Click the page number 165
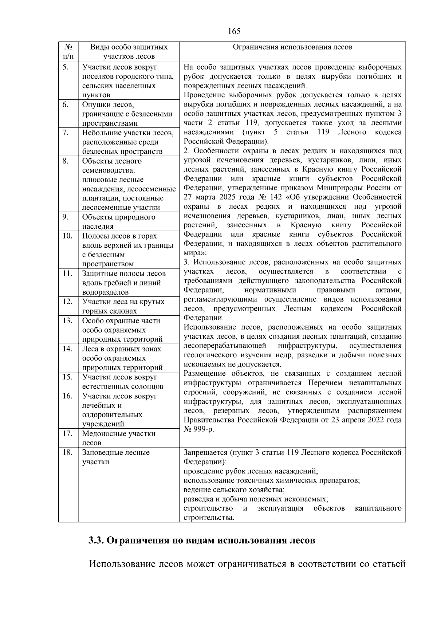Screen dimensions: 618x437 point(234,31)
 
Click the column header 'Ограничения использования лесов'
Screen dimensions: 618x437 point(292,47)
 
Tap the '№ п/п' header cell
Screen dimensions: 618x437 point(68,51)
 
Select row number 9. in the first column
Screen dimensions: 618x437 point(66,217)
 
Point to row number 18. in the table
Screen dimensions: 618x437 point(67,452)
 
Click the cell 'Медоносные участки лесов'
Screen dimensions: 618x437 point(119,438)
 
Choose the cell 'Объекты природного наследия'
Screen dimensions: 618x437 point(119,222)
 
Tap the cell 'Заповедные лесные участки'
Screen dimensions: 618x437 point(116,457)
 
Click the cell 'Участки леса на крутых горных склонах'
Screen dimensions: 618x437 point(123,306)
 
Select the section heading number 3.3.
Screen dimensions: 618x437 point(97,540)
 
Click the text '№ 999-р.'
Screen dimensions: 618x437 point(199,429)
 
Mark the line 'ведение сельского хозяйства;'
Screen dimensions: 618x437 point(234,490)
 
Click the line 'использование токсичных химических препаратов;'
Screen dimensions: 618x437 point(272,480)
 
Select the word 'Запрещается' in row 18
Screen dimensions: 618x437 point(205,452)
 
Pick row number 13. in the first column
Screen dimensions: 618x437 point(67,320)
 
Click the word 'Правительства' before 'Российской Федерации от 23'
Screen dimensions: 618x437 point(210,420)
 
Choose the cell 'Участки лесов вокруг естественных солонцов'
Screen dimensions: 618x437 point(123,382)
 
